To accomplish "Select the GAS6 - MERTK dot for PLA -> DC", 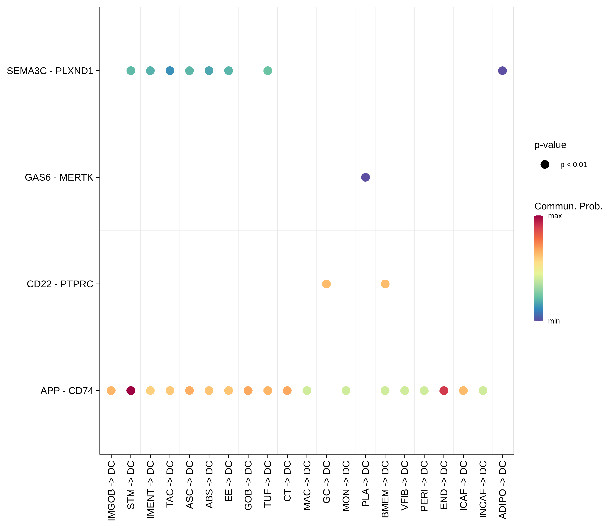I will point(365,177).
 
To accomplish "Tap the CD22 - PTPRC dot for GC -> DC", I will point(326,284).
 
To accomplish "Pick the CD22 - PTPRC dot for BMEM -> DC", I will point(385,284).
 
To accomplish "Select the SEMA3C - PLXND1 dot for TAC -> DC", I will point(170,71).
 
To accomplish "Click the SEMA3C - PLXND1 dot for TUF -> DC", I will point(268,71).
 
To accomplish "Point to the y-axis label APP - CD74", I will point(67,391).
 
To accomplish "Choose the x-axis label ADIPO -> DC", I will point(502,489).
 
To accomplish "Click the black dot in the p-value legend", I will point(545,164).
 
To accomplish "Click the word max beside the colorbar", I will point(555,216).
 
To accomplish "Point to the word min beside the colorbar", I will point(554,321).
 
